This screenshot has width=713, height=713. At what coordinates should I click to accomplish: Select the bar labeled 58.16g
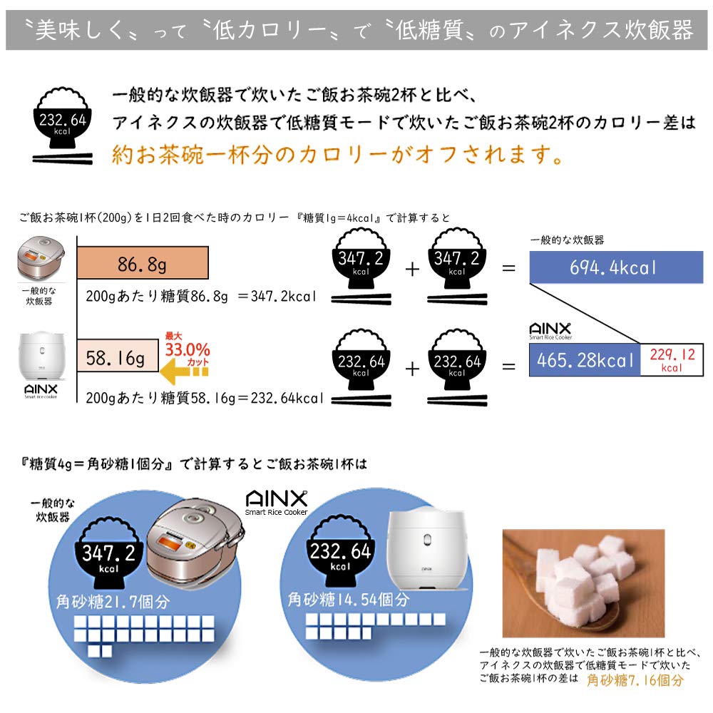[x=117, y=358]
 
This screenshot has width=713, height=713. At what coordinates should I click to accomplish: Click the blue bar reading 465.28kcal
[x=584, y=360]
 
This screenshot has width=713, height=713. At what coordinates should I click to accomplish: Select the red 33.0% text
[x=188, y=349]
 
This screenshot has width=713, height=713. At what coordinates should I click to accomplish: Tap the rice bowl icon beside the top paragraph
[x=63, y=125]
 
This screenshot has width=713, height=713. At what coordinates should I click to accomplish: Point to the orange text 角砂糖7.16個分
[x=635, y=680]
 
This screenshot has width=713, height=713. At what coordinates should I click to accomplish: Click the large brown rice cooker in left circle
[x=194, y=545]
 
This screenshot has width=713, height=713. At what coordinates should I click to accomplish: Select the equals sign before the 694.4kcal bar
[x=508, y=269]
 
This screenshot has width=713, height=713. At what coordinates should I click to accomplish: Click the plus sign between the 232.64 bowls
[x=412, y=368]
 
